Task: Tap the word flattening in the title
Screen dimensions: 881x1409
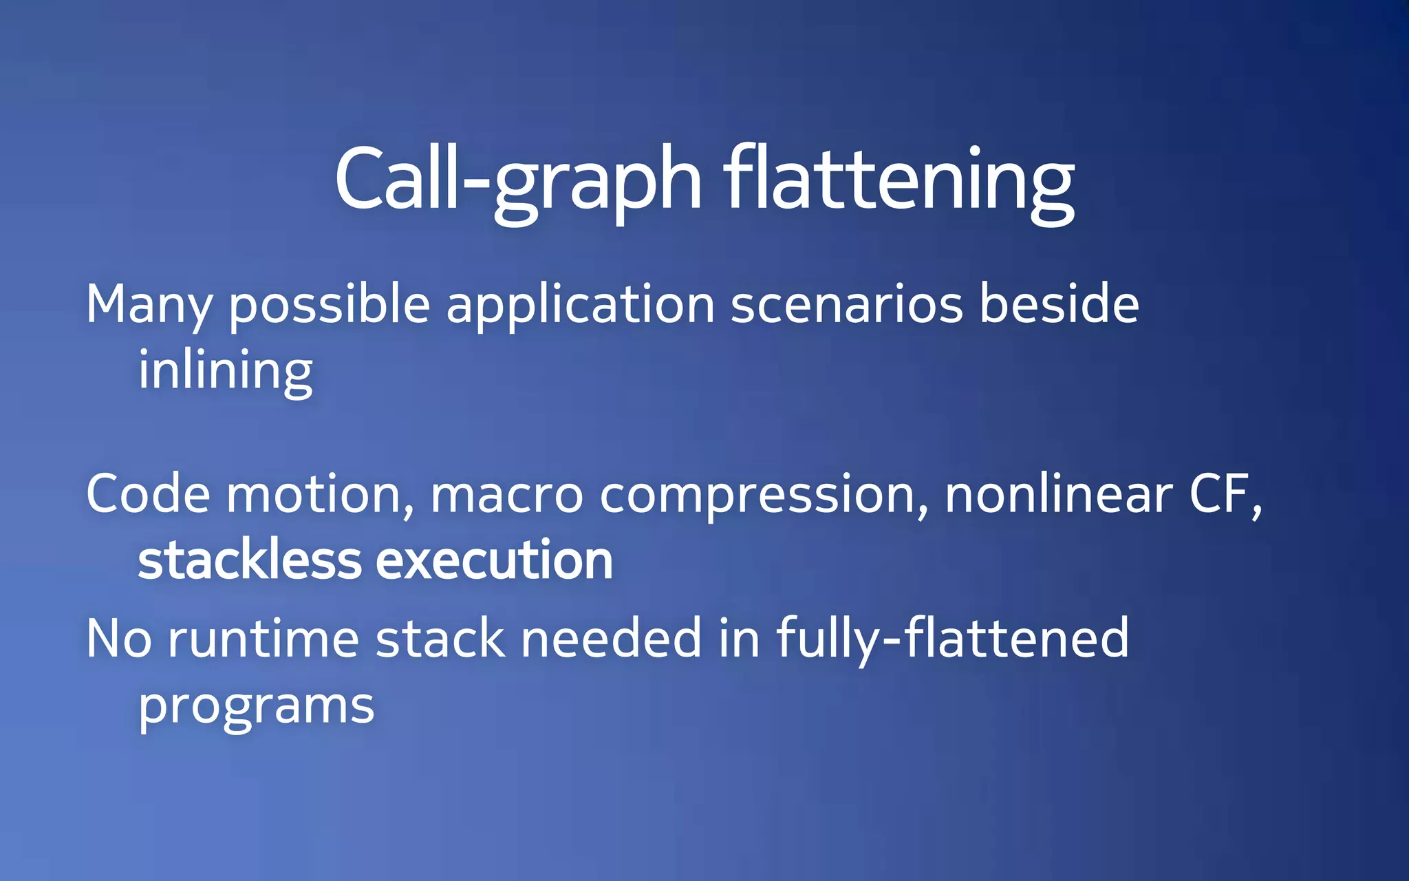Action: pos(899,180)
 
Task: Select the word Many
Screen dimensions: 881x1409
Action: pos(149,305)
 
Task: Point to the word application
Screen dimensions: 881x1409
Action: pos(581,305)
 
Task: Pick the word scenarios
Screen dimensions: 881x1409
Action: pos(846,305)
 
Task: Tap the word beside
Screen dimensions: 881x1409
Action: pos(1059,304)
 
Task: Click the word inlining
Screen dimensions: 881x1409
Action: pos(226,371)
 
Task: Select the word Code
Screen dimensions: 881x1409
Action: pos(148,494)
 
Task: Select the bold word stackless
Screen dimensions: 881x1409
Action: pos(249,560)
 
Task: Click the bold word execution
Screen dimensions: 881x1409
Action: pos(494,560)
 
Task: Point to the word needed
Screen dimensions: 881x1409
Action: pos(611,638)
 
